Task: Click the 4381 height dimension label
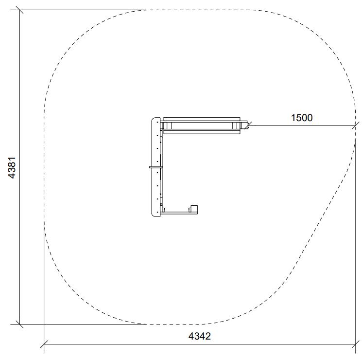click(x=12, y=167)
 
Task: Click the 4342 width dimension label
click(x=200, y=336)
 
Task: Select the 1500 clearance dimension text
click(x=302, y=118)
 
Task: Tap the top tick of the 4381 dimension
click(x=19, y=10)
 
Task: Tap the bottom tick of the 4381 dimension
click(x=19, y=324)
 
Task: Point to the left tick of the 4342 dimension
click(x=44, y=344)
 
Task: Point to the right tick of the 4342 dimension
click(x=356, y=344)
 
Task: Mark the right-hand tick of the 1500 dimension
click(x=356, y=126)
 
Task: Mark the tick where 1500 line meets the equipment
click(x=248, y=126)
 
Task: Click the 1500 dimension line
click(x=302, y=126)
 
